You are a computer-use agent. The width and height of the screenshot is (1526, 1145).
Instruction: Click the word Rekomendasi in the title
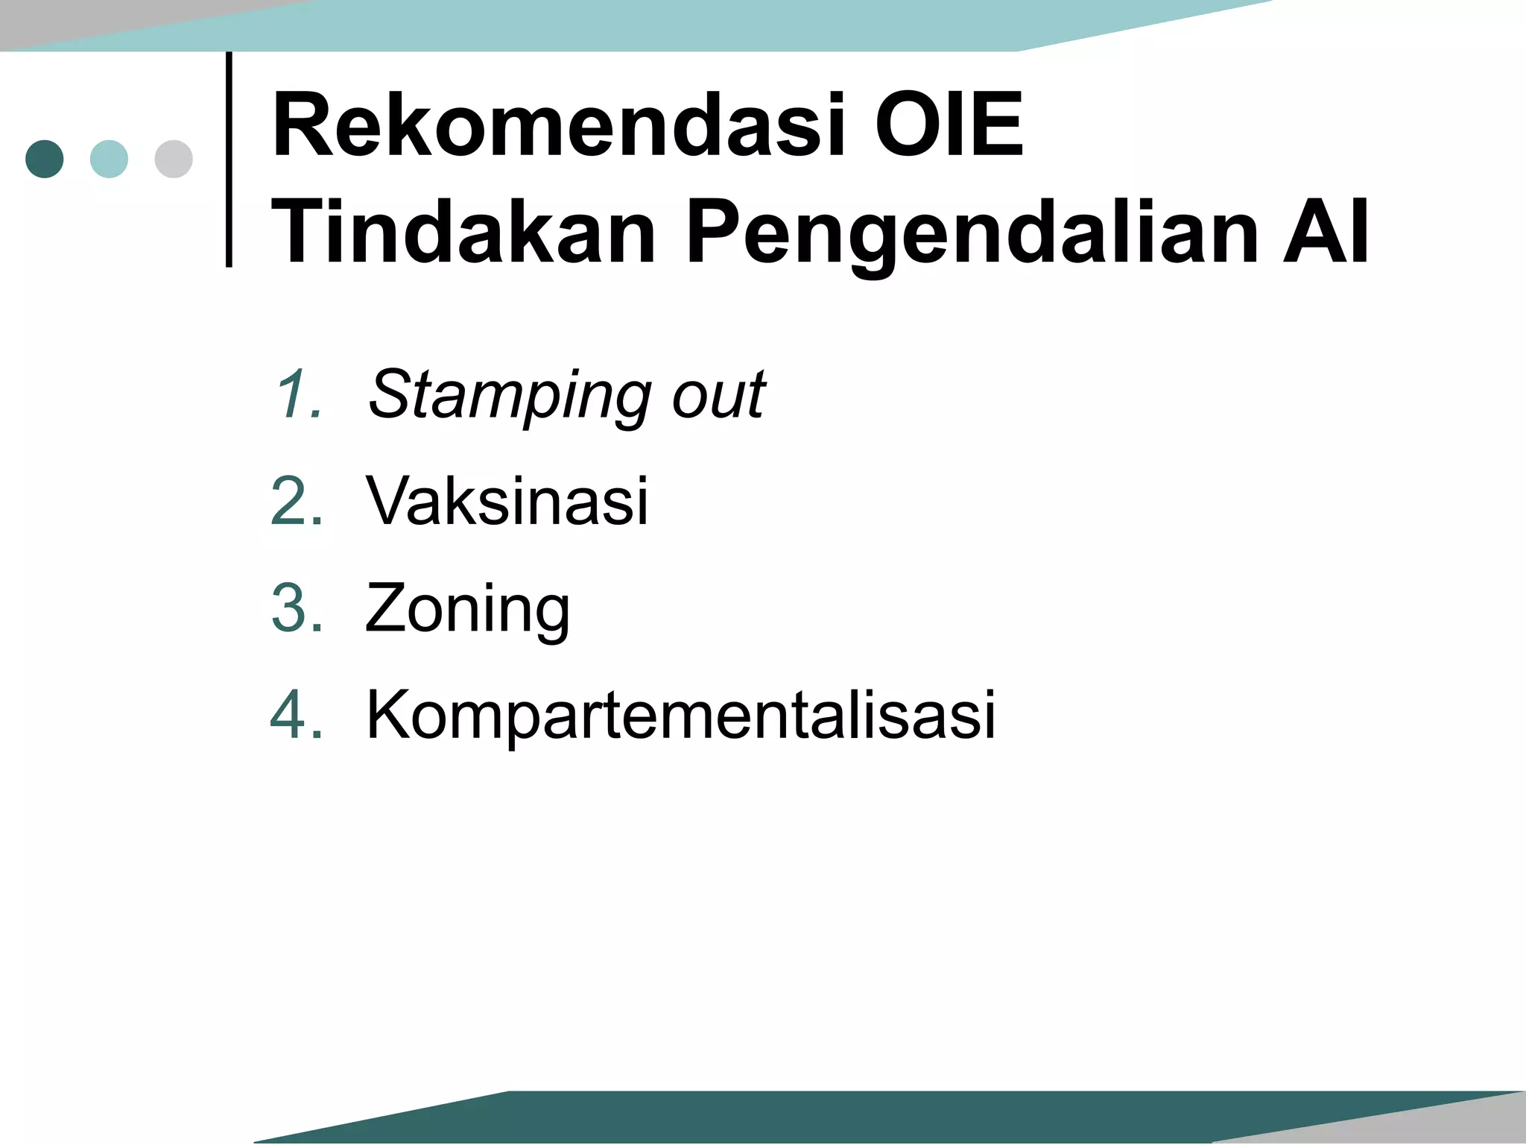click(559, 125)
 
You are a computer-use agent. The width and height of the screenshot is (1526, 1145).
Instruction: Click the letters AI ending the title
click(1325, 232)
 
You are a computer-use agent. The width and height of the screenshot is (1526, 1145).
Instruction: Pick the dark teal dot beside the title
click(45, 159)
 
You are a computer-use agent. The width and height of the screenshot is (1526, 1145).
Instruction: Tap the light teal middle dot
click(109, 159)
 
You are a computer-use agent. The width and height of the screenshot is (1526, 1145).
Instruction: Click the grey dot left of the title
click(174, 159)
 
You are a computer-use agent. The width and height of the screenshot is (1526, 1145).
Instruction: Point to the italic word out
click(719, 395)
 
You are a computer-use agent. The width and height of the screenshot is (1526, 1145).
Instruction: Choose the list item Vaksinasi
click(507, 501)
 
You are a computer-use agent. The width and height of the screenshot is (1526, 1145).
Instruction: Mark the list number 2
click(297, 501)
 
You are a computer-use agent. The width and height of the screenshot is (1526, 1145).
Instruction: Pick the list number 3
click(297, 608)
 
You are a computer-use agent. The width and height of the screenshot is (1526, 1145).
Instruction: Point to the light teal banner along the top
click(671, 25)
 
